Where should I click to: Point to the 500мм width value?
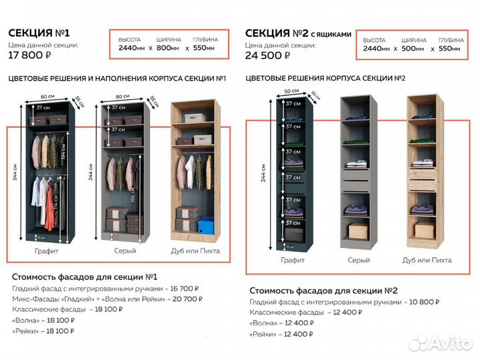[413, 49]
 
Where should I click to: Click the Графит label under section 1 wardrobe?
[45, 251]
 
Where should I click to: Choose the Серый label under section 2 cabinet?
[358, 260]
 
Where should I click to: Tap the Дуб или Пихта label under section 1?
[195, 251]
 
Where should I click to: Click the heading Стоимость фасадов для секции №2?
[323, 290]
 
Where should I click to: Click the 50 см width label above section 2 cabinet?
[291, 90]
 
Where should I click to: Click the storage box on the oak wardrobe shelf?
[202, 139]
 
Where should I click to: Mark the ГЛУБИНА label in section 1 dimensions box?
[205, 40]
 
